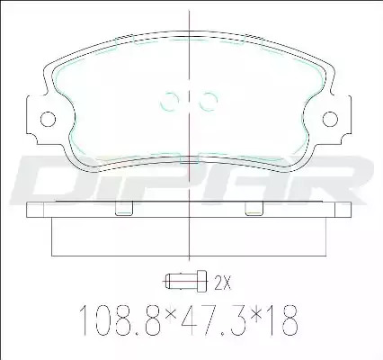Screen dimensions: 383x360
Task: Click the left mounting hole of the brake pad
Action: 48,119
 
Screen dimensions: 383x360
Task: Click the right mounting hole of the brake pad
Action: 330,119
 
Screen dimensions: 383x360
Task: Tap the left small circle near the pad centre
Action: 169,102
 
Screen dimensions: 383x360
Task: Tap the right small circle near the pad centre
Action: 208,102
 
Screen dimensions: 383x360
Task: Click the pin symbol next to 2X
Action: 185,281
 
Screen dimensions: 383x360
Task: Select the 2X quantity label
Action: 223,283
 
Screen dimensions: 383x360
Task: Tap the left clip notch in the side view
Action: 124,208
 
